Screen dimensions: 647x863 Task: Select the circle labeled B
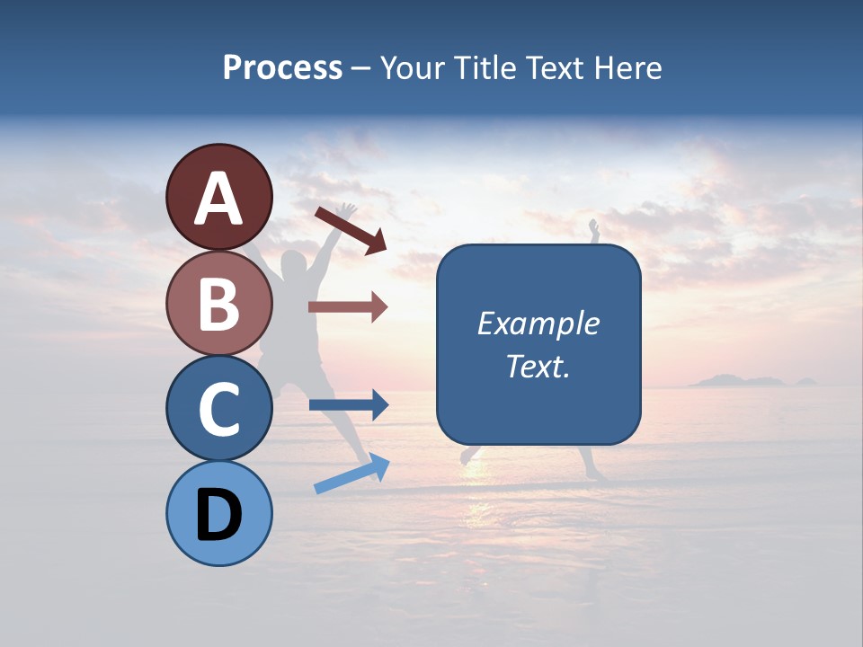218,304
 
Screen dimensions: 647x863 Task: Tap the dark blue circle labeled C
218,408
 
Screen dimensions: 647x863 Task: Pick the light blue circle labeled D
218,513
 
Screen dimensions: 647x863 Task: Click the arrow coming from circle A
351,230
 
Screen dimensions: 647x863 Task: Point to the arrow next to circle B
348,307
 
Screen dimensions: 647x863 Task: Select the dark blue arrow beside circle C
348,404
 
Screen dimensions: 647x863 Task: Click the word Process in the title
282,67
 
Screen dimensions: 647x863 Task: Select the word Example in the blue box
538,323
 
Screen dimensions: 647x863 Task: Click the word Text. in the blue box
538,366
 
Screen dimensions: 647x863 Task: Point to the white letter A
218,199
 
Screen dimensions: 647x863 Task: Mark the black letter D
218,516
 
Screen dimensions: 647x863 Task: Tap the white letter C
218,410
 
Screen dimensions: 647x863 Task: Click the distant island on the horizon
737,381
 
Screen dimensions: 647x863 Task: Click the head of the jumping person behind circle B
294,266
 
